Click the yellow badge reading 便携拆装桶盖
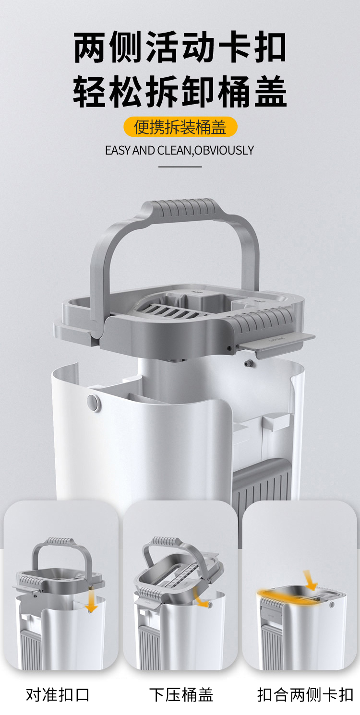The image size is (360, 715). click(x=180, y=127)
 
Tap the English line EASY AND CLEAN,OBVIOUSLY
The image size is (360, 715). click(x=180, y=150)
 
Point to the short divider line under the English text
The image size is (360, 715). click(x=180, y=167)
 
